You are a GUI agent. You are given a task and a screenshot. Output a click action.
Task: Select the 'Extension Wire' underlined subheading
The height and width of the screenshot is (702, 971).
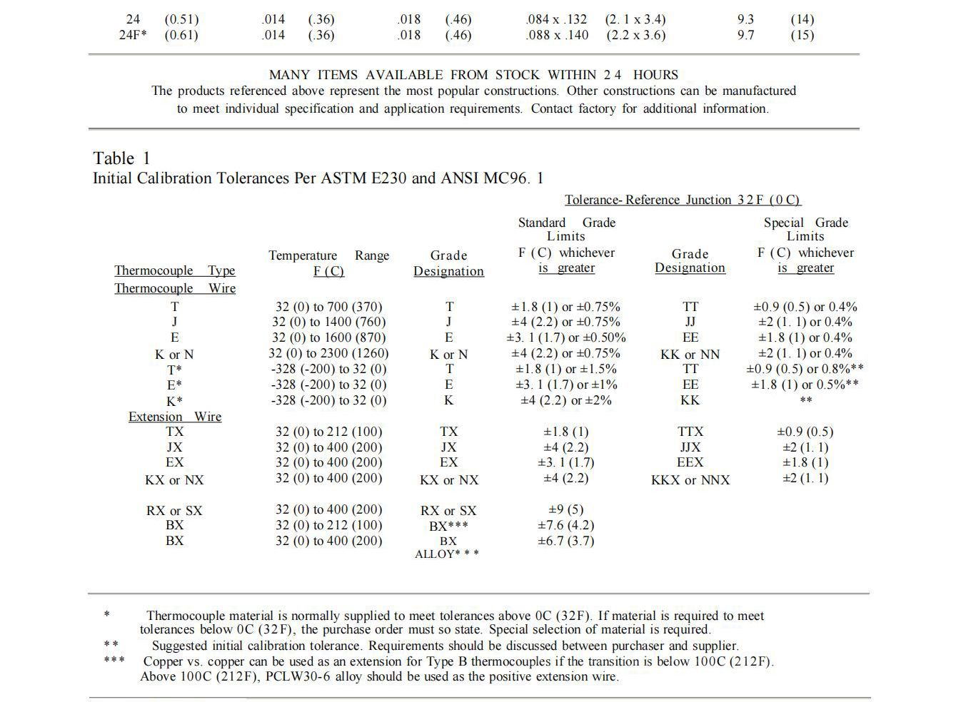click(175, 417)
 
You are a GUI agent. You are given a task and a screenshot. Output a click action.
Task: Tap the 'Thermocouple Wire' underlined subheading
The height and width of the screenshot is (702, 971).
click(175, 288)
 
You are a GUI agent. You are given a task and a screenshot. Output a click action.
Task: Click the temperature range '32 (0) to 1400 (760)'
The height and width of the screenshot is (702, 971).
click(328, 322)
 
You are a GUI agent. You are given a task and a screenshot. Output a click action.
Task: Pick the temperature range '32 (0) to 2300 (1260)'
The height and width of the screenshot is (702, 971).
click(328, 353)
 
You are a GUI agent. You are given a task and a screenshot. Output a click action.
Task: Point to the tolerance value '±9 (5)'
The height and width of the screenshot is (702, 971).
click(565, 509)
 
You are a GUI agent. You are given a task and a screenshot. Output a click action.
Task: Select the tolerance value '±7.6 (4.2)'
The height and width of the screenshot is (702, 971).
click(565, 525)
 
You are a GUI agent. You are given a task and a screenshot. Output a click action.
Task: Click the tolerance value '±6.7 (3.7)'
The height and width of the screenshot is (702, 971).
click(565, 541)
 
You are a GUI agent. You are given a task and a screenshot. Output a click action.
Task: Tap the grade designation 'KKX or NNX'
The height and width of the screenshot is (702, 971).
click(690, 480)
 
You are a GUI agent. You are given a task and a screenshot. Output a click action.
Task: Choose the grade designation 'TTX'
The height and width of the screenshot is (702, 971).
click(690, 432)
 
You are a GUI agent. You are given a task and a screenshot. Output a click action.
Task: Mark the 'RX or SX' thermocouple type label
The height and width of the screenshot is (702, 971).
click(174, 511)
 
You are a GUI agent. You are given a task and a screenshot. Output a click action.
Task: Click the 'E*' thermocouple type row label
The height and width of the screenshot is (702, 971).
click(174, 385)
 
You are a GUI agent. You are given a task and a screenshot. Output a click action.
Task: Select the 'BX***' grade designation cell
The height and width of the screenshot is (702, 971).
click(448, 526)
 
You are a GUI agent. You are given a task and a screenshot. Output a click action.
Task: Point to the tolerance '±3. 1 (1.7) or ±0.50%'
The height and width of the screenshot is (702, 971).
click(565, 337)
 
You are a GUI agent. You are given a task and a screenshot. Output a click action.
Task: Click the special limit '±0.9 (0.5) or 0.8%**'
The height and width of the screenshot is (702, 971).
click(805, 369)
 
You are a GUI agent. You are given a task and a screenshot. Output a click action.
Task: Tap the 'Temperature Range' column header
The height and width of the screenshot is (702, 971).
click(328, 255)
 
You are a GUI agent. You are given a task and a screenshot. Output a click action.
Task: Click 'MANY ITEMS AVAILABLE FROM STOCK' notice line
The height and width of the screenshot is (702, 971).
click(473, 75)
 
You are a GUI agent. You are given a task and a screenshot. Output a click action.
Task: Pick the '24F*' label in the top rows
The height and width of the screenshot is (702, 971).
click(133, 35)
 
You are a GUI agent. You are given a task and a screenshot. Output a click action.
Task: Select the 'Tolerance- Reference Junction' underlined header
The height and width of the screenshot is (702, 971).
click(682, 200)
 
